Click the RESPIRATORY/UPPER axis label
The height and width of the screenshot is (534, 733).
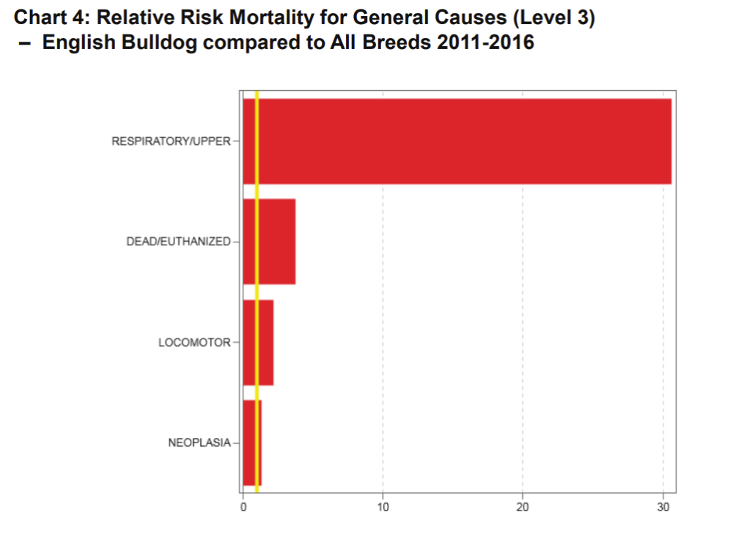171,141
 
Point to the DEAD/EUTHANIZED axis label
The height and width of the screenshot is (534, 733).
178,242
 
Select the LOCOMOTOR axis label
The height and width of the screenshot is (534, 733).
194,342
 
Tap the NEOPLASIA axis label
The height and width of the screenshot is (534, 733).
199,442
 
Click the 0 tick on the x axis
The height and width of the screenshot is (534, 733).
243,506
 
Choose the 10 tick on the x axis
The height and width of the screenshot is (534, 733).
383,506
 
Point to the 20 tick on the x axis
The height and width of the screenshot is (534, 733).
523,506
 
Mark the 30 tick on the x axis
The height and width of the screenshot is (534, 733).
663,506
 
